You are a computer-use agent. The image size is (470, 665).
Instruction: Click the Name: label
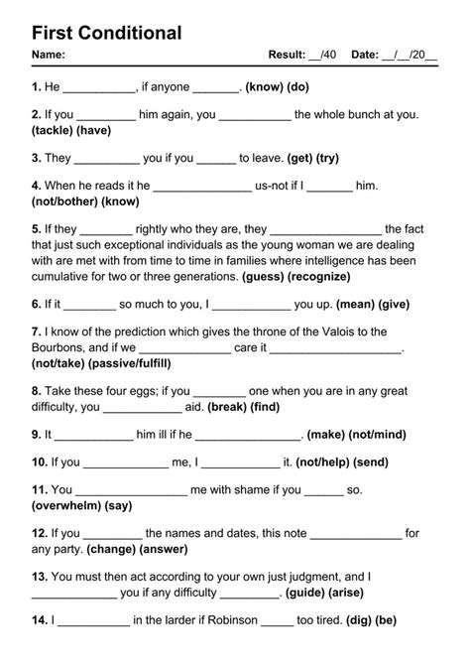pos(49,55)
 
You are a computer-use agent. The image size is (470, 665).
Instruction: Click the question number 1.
pos(36,87)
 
